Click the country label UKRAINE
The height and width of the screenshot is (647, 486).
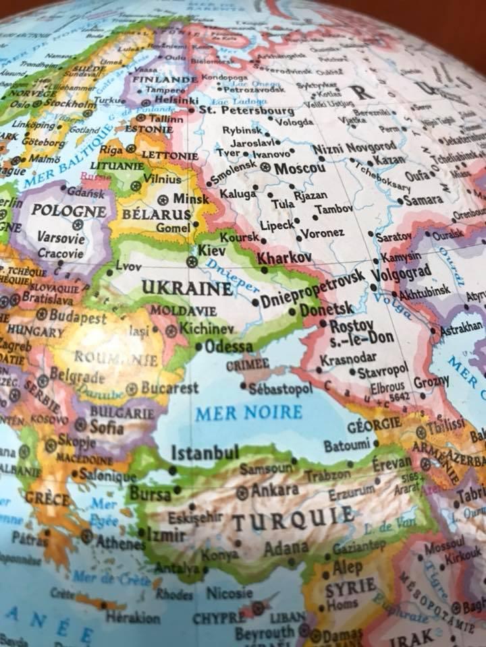[186, 289]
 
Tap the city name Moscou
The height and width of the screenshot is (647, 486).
[300, 168]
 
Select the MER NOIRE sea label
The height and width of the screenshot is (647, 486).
[248, 412]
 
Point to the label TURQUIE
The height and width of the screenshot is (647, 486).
[293, 518]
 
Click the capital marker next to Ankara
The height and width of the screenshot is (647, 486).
[242, 493]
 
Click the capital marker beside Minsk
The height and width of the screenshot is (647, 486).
[163, 199]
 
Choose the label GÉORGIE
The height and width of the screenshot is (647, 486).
[373, 426]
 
